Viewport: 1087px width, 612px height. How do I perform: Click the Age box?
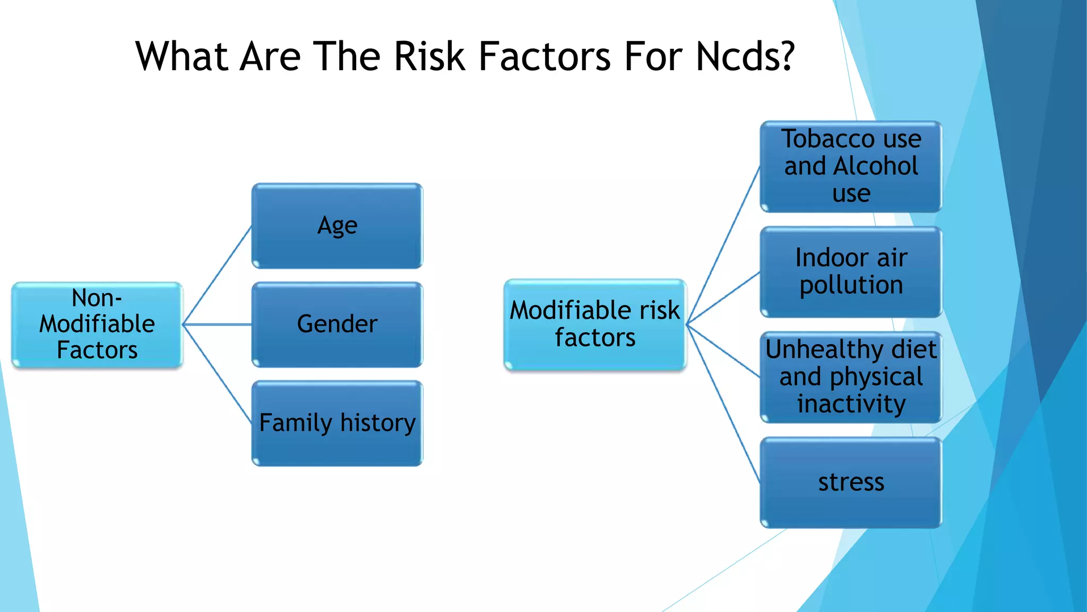pyautogui.click(x=337, y=226)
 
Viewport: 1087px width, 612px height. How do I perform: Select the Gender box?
pyautogui.click(x=337, y=324)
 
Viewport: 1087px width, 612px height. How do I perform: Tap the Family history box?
pyautogui.click(x=337, y=423)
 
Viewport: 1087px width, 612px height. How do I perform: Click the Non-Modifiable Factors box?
pyautogui.click(x=97, y=324)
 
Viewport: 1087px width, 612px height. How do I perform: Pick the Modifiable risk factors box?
pyautogui.click(x=594, y=324)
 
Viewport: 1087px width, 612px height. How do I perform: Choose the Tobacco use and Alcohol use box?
pyautogui.click(x=851, y=166)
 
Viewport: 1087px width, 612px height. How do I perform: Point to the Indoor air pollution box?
pyautogui.click(x=851, y=271)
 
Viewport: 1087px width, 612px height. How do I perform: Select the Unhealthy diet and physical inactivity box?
pyautogui.click(x=851, y=377)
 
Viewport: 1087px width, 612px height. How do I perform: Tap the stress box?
pyautogui.click(x=851, y=482)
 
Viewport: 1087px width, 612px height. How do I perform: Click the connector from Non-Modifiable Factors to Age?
pyautogui.click(x=217, y=275)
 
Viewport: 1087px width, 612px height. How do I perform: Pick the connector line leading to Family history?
pyautogui.click(x=217, y=373)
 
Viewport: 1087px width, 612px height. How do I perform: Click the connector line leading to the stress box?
pyautogui.click(x=723, y=404)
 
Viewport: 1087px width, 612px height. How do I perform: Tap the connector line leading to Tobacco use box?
pyautogui.click(x=723, y=245)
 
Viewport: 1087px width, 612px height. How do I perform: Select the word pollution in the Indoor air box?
pyautogui.click(x=851, y=285)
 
